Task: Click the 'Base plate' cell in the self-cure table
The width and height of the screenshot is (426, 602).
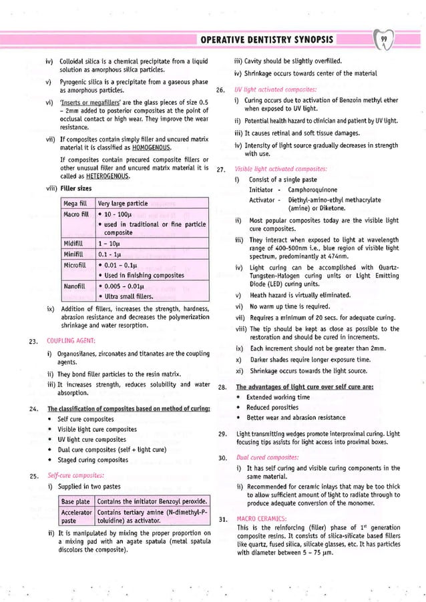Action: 75,501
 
